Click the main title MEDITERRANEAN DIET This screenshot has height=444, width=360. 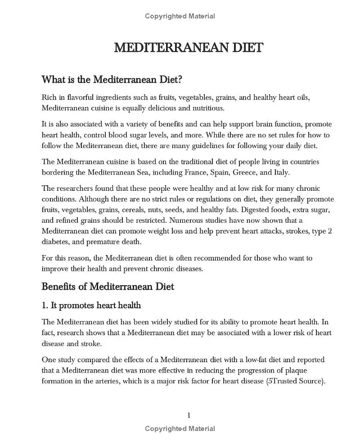click(x=188, y=48)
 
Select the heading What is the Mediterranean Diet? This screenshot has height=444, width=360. click(x=112, y=80)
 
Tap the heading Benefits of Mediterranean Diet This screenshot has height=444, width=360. click(x=108, y=286)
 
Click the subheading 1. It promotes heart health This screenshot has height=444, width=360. click(x=91, y=305)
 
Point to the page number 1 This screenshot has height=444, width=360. click(x=189, y=415)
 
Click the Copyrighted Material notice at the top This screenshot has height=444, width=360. click(x=180, y=16)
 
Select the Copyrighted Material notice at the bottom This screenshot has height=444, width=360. click(x=180, y=429)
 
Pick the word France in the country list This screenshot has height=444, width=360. click(x=196, y=172)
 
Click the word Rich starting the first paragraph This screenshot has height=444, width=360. click(x=49, y=97)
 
